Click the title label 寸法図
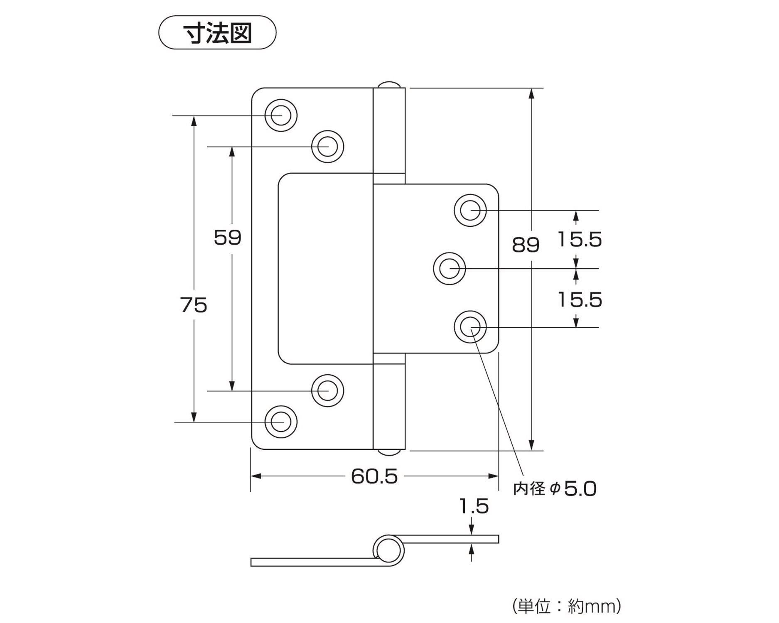[x=217, y=33]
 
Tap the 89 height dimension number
[x=526, y=245]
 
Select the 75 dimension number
[x=194, y=305]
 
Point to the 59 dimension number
[x=228, y=238]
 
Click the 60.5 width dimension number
[x=374, y=476]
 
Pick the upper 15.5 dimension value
[x=580, y=240]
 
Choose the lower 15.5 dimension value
[x=580, y=300]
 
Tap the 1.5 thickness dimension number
[x=474, y=506]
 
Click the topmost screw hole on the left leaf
[x=281, y=115]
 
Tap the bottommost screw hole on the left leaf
[x=281, y=422]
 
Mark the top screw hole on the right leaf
[x=470, y=210]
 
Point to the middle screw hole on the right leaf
[x=450, y=269]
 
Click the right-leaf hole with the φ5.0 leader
[x=470, y=327]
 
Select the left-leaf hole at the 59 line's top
[x=328, y=146]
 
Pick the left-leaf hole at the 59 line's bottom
[x=328, y=391]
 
